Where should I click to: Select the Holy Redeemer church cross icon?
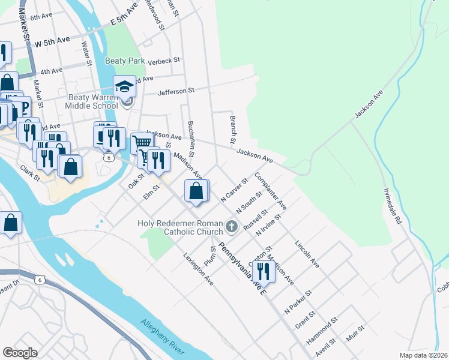click(232, 227)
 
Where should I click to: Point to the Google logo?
click(20, 353)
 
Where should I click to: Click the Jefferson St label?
click(176, 91)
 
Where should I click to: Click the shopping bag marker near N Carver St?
click(196, 191)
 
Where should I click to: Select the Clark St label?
click(30, 173)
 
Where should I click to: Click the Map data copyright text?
click(423, 355)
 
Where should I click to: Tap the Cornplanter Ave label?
click(271, 190)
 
